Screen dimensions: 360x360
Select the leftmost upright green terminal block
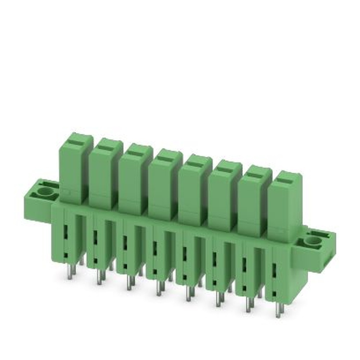coord(74,169)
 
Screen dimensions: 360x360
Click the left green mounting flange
coord(38,200)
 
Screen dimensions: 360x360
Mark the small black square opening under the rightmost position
coord(274,294)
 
